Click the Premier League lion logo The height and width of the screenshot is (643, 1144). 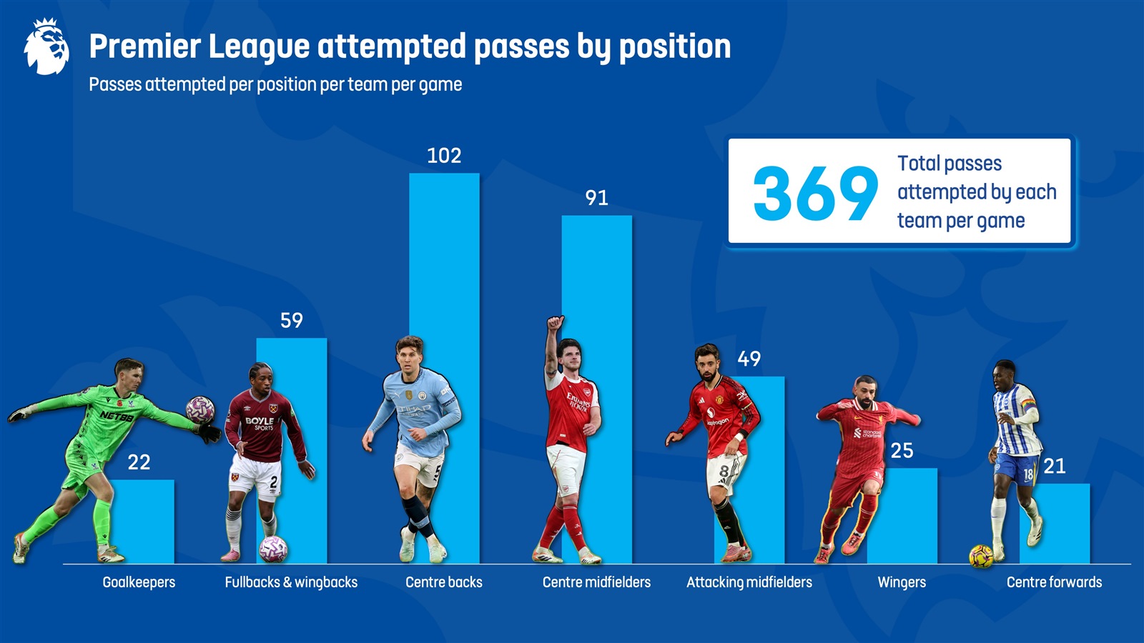[46, 47]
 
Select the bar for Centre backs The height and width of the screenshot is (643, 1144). [458, 286]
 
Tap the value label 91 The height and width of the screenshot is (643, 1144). [596, 198]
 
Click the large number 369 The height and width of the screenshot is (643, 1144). [815, 193]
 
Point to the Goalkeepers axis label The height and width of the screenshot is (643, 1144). [139, 582]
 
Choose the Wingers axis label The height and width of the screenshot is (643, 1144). [902, 582]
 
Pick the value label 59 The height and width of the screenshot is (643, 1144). [291, 320]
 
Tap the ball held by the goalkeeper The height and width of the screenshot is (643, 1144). [199, 409]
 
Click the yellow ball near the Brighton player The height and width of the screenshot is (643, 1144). [980, 556]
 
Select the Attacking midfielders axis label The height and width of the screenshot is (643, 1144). [749, 582]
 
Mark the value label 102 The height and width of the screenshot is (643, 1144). [444, 156]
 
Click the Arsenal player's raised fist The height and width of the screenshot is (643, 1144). [555, 323]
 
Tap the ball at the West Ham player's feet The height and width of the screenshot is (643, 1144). [273, 549]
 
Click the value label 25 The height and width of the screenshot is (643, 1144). [902, 451]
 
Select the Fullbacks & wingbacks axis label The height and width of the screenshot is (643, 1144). [291, 582]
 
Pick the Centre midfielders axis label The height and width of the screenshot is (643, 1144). [596, 582]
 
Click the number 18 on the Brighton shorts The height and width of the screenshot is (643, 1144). [1027, 474]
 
